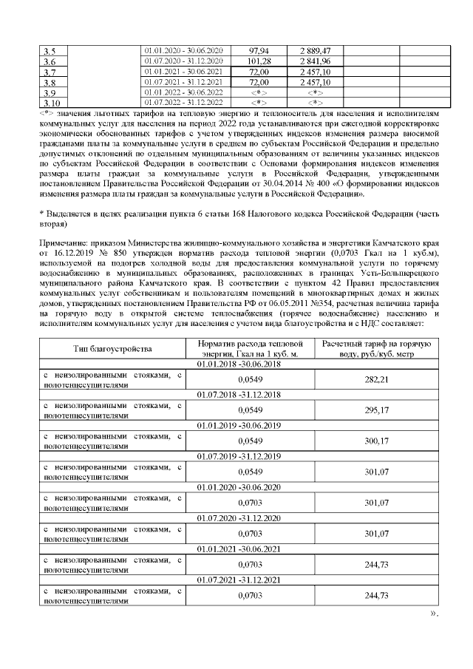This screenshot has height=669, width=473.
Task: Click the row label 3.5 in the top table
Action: click(50, 50)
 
